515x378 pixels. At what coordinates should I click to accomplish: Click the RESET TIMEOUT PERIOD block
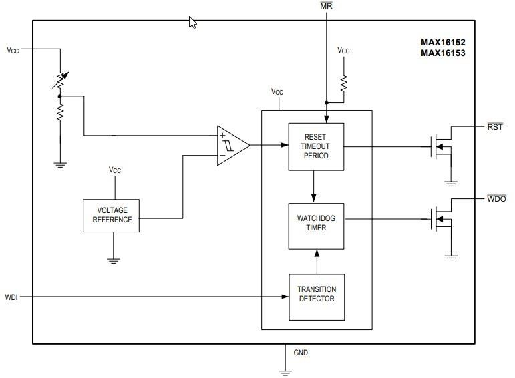pos(315,146)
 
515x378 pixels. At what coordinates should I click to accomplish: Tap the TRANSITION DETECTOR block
pos(316,294)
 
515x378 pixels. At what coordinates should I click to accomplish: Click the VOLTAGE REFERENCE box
pos(112,215)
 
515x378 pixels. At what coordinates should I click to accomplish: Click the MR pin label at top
pos(326,6)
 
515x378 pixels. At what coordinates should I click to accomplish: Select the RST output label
pos(495,127)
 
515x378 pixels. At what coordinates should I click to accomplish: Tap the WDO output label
pos(496,199)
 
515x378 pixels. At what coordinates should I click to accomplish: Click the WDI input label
pos(11,297)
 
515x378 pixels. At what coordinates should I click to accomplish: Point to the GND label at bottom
pos(301,353)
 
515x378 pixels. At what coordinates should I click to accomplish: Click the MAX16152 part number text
pos(442,42)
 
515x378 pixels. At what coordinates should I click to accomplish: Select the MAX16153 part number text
pos(442,53)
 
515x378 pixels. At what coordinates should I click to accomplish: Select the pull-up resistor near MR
pos(343,83)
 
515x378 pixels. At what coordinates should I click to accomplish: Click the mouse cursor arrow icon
pos(193,23)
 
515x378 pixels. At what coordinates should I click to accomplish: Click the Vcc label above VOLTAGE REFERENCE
pos(114,170)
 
